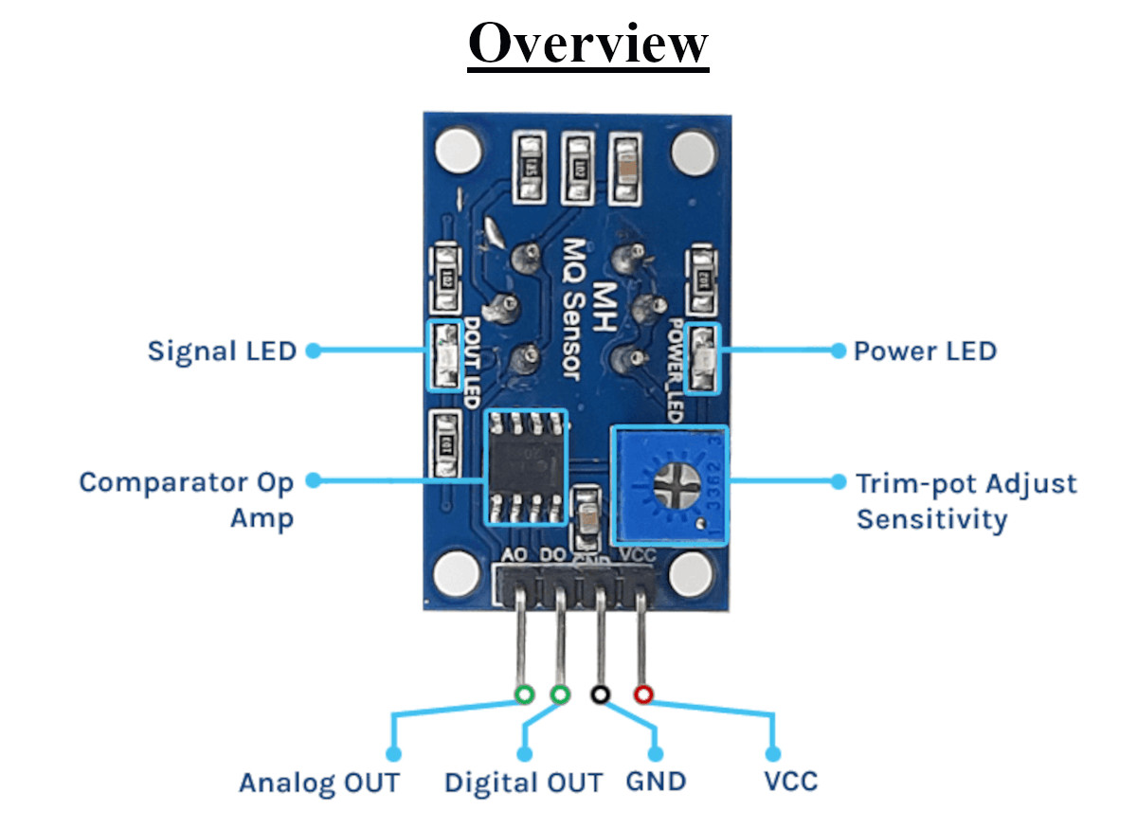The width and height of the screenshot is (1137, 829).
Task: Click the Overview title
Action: (588, 43)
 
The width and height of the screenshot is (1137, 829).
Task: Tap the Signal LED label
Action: (222, 351)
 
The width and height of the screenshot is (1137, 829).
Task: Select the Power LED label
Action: (925, 351)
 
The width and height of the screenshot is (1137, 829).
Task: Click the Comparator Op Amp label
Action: (186, 499)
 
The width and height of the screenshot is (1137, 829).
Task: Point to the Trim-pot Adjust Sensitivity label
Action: (966, 501)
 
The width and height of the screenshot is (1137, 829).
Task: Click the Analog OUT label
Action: (318, 784)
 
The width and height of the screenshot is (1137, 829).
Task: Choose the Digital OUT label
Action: (523, 784)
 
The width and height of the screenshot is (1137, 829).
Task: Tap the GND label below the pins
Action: (656, 783)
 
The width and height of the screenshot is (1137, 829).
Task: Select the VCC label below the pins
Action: (790, 783)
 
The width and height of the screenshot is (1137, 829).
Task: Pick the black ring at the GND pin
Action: (600, 694)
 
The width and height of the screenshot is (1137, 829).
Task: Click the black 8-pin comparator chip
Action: (526, 467)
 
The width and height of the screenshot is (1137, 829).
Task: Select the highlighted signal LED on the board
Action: (442, 357)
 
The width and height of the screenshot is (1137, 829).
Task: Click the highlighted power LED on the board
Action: (703, 358)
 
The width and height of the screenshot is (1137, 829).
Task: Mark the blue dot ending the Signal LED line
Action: (313, 350)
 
